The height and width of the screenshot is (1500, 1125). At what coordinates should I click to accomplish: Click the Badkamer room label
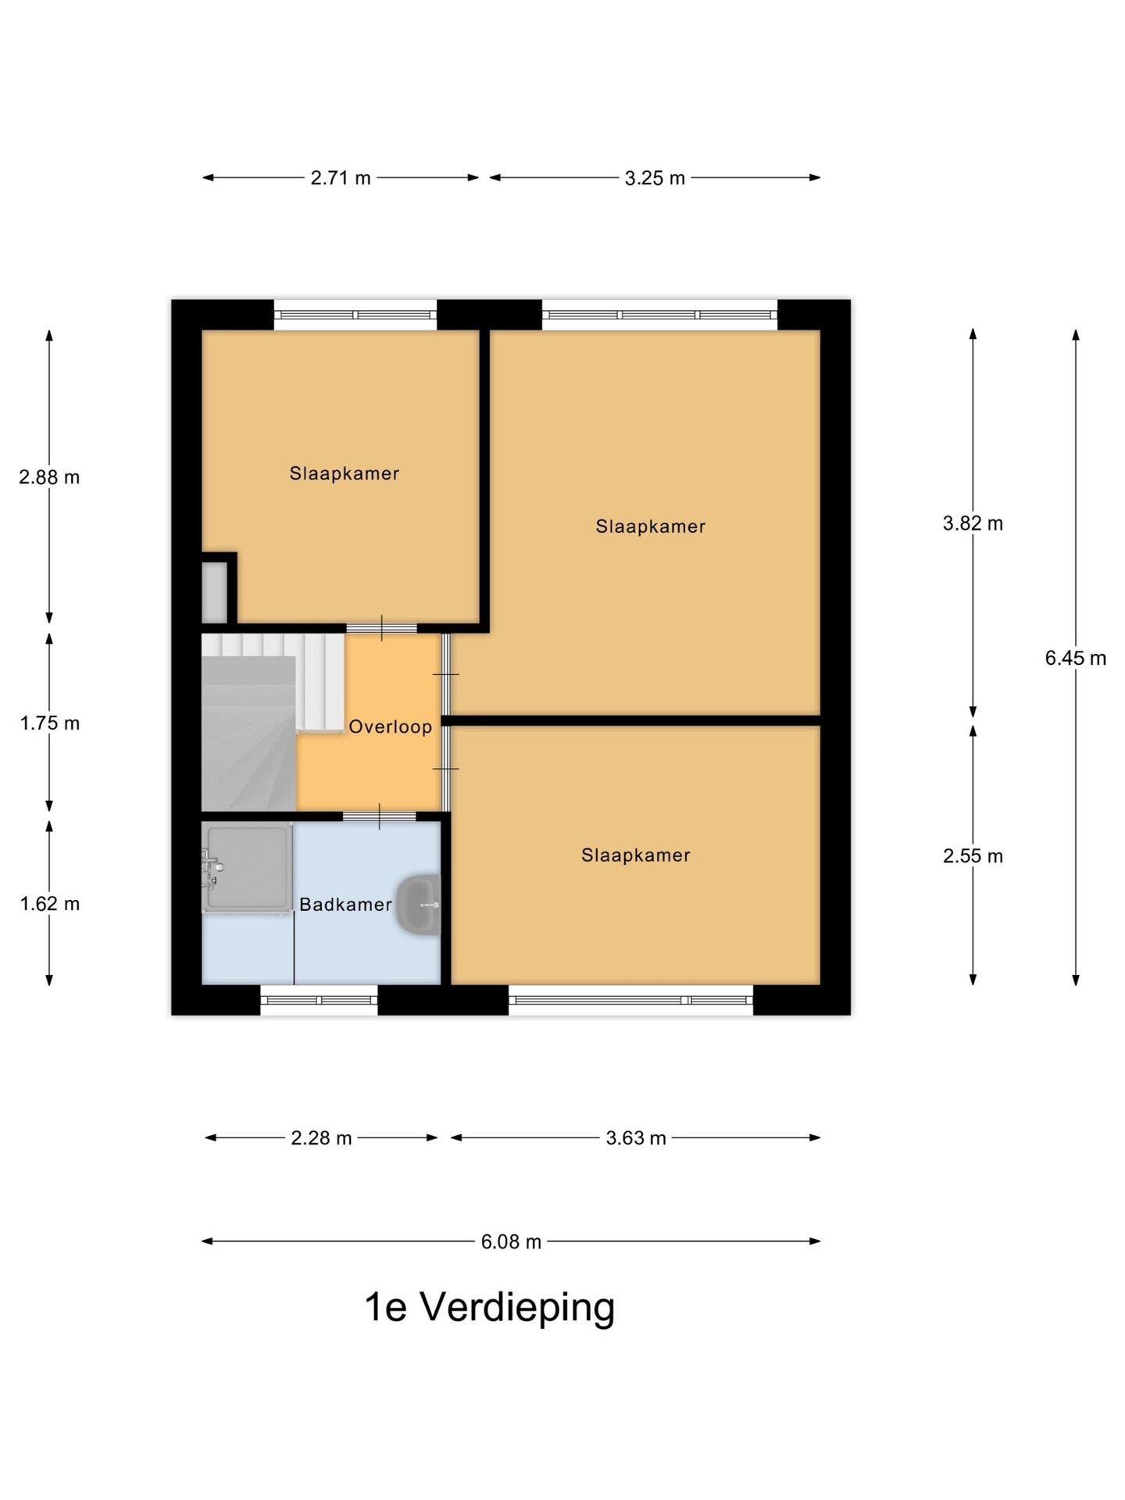(345, 904)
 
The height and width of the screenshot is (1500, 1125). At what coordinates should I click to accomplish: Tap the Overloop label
(390, 727)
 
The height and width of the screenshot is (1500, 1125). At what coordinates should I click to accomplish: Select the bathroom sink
(419, 905)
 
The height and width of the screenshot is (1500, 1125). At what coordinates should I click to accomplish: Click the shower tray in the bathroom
(247, 867)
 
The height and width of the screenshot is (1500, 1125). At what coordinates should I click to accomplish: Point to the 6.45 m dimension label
(1075, 658)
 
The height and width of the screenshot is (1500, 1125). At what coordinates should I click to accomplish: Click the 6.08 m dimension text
(511, 1241)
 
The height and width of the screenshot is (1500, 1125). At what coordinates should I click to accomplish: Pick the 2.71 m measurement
(341, 177)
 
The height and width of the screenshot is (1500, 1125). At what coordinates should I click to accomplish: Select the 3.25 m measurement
(655, 178)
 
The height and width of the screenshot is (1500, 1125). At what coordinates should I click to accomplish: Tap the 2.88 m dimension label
(49, 477)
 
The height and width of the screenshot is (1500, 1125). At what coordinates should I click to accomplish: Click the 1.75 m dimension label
(50, 723)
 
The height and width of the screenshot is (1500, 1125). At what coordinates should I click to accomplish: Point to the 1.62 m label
(50, 903)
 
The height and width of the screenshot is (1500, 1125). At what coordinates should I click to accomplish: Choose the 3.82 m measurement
(973, 523)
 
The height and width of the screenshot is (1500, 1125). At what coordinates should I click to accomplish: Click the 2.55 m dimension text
(973, 855)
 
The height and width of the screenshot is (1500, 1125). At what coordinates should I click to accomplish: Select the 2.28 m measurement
(321, 1137)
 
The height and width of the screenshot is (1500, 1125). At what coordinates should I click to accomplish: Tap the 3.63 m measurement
(636, 1137)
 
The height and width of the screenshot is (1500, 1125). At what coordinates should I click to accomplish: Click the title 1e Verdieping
(490, 1306)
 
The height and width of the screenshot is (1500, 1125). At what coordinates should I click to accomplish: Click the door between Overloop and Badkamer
(380, 816)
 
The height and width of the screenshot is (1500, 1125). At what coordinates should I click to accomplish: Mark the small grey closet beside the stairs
(214, 592)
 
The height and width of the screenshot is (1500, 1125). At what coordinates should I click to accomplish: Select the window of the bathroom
(319, 1000)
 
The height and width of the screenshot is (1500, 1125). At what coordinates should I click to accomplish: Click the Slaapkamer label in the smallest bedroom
(344, 473)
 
